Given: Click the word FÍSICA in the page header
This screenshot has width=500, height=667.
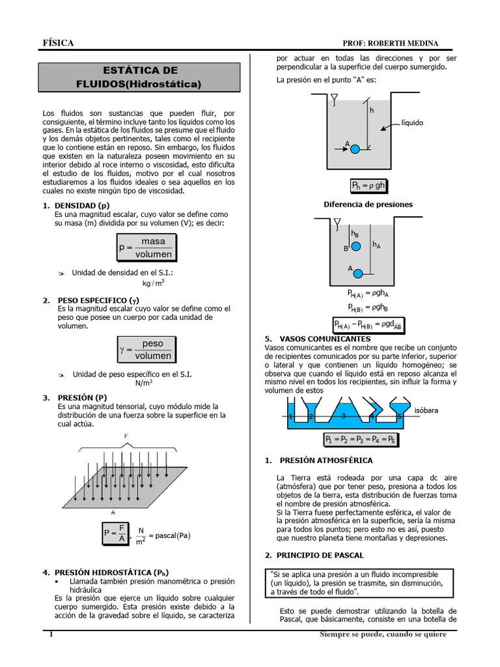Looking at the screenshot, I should coord(58,43).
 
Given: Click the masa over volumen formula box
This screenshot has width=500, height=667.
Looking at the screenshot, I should coord(146,248).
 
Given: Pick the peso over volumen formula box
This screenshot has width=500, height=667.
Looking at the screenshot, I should coord(145,350).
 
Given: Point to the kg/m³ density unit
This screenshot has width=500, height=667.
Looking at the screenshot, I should coord(154,283).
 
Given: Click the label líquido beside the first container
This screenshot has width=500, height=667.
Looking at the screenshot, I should coord(412,122).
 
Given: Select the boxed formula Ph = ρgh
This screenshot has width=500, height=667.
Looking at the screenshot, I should coord(368,186).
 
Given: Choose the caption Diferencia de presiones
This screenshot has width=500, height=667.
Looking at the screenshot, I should coord(368,205).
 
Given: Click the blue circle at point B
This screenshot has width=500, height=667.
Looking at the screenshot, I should coord(355,246).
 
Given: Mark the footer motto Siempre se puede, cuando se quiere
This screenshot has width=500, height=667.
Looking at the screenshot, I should coord(383,634).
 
